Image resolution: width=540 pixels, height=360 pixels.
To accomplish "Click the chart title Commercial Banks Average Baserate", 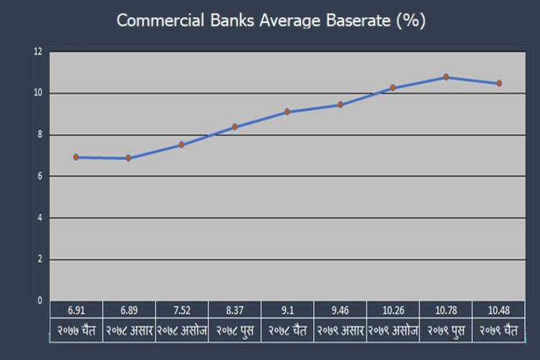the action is (x=253, y=20).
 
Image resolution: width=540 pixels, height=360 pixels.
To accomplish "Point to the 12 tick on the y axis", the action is (x=38, y=52).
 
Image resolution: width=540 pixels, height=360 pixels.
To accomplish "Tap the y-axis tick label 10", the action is (x=38, y=93).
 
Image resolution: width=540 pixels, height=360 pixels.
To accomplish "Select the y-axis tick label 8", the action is (x=40, y=135).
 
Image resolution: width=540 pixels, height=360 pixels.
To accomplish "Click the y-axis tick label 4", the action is (x=40, y=217).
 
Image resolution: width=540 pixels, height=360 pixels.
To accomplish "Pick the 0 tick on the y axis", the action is (x=40, y=300).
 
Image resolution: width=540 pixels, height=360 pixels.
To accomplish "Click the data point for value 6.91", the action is (x=76, y=157).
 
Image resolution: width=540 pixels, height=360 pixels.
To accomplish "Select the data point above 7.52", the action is (x=181, y=145).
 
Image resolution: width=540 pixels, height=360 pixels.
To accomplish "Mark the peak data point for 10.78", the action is (x=446, y=77).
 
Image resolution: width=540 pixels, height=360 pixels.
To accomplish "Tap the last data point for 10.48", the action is (x=499, y=83).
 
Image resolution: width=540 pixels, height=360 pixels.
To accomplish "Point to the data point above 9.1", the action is (x=287, y=112).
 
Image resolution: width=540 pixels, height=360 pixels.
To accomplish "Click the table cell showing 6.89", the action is (x=129, y=310).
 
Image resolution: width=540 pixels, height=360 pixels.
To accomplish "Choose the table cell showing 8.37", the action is (x=235, y=310).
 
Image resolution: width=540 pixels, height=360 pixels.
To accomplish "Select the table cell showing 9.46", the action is (x=341, y=310).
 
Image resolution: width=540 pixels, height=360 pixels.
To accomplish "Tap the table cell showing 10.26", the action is (x=393, y=310).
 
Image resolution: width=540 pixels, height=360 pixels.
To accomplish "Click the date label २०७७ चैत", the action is (x=76, y=330).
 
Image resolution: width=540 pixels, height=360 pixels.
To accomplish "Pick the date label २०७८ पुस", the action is (x=235, y=330).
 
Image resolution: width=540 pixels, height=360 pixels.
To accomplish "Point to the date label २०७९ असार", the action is (x=341, y=330).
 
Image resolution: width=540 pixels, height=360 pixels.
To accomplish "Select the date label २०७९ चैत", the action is (x=499, y=330).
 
